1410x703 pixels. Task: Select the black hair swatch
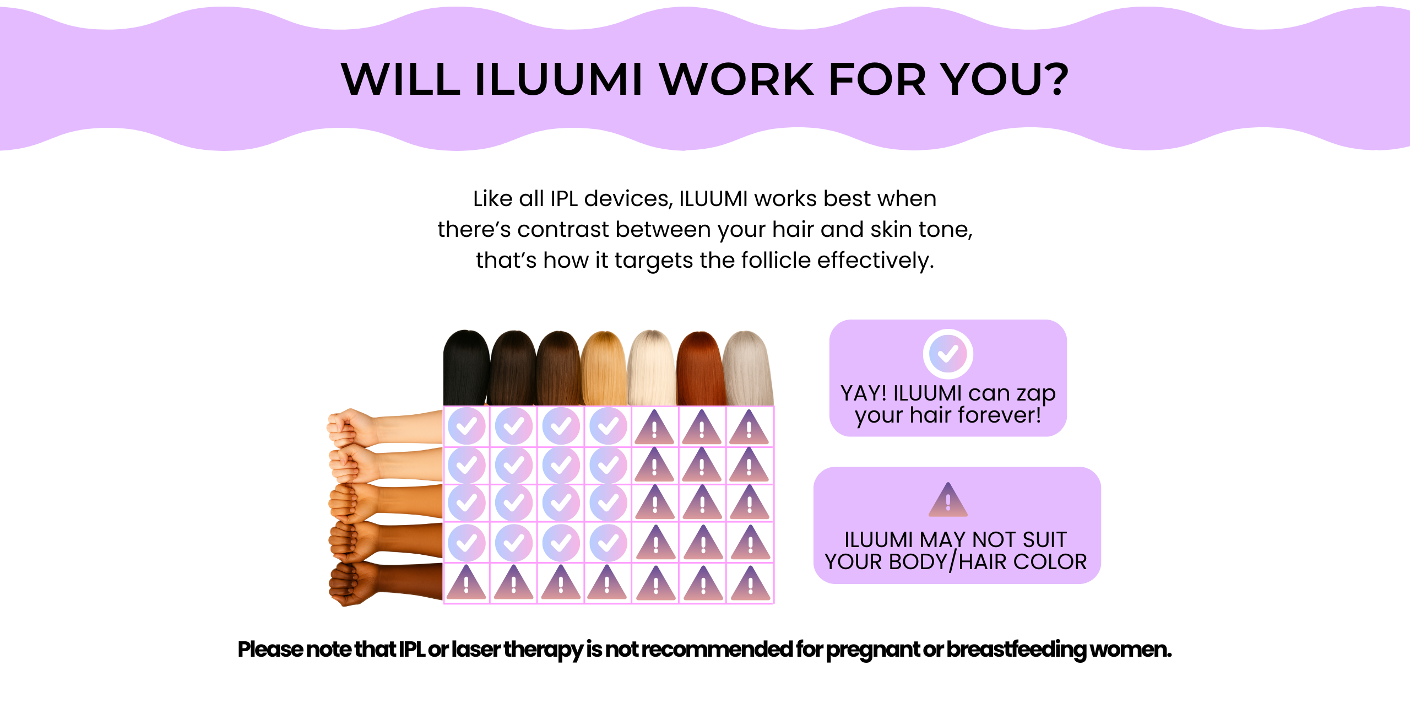click(467, 367)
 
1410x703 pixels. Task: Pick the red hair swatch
click(700, 368)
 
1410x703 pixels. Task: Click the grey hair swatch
click(748, 368)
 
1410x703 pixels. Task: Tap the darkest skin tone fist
click(386, 584)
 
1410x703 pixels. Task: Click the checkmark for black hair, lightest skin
click(467, 426)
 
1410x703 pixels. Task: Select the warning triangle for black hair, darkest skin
click(467, 583)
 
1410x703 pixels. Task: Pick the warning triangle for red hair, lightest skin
click(702, 428)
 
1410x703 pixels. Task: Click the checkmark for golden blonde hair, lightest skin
click(608, 426)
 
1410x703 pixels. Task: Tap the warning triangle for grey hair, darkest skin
click(750, 583)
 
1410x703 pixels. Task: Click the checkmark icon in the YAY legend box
click(948, 354)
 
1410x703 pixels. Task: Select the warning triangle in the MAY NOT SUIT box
click(948, 500)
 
